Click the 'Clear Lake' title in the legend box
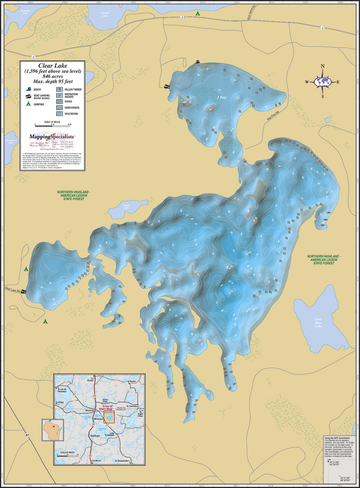click(52, 66)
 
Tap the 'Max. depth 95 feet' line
click(52, 81)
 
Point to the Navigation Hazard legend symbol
click(59, 95)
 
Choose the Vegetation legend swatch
click(59, 113)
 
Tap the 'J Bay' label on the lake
click(221, 97)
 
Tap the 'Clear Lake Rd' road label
click(12, 290)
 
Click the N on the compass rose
click(322, 67)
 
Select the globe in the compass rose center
click(322, 82)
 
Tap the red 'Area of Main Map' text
click(110, 408)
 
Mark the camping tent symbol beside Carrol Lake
click(198, 14)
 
